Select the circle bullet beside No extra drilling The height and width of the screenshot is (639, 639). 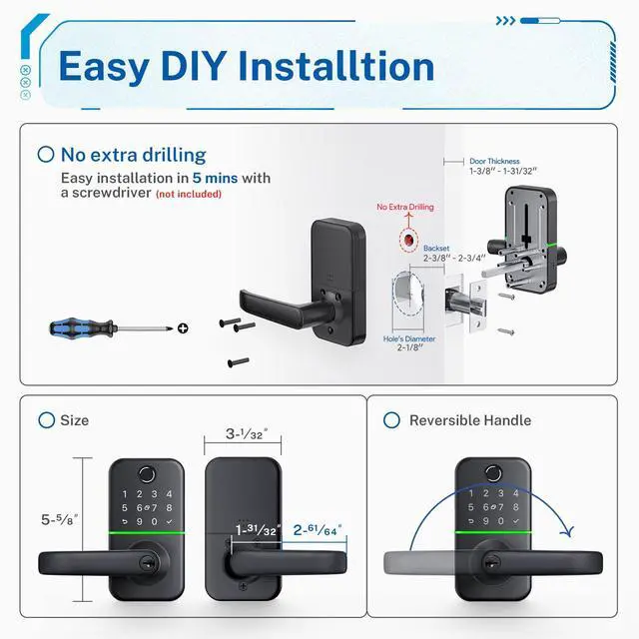click(45, 155)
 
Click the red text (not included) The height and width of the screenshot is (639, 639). click(189, 194)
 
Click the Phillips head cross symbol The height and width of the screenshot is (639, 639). click(182, 327)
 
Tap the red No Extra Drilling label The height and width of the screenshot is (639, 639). click(404, 207)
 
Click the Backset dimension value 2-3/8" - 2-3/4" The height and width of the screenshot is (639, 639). click(453, 258)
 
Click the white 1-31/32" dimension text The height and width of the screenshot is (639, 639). click(256, 530)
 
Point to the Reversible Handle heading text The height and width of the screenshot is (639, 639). click(470, 420)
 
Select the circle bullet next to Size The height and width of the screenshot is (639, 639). click(46, 420)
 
